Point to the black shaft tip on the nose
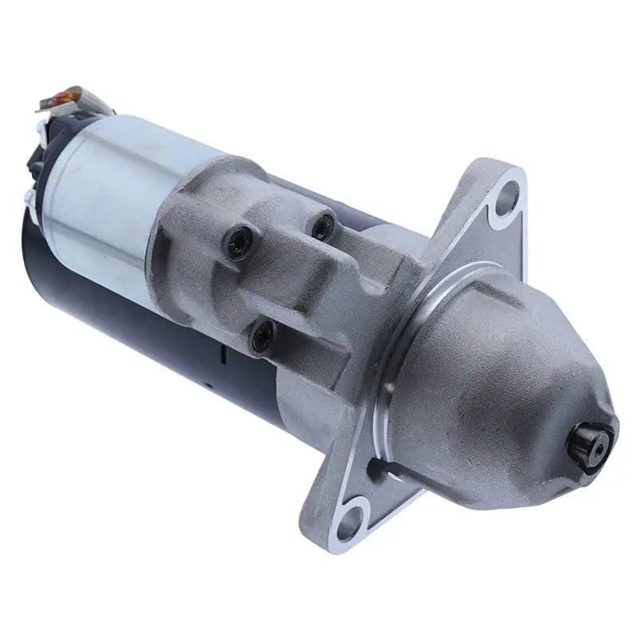click(595, 439)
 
